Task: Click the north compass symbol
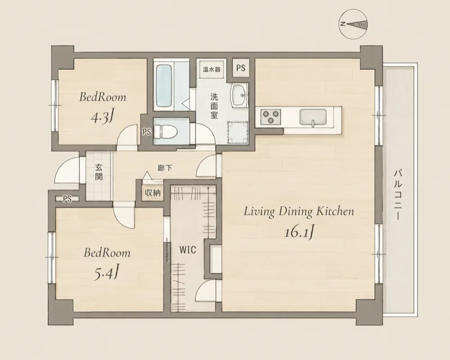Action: [x=354, y=24]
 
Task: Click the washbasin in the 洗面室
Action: [x=238, y=95]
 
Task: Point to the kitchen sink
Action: [x=313, y=117]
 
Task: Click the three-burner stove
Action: [x=270, y=116]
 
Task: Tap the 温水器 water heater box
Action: [x=211, y=69]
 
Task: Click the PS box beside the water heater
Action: [x=241, y=68]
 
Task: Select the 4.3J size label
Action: [x=101, y=116]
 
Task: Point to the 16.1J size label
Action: [x=299, y=232]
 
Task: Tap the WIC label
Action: [x=188, y=250]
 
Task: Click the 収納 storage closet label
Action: [x=152, y=193]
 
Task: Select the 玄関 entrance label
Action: [x=99, y=172]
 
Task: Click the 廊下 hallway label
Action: [x=165, y=168]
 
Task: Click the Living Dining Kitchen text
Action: [x=299, y=212]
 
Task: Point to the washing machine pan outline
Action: [x=237, y=132]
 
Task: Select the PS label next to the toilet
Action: [x=147, y=132]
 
